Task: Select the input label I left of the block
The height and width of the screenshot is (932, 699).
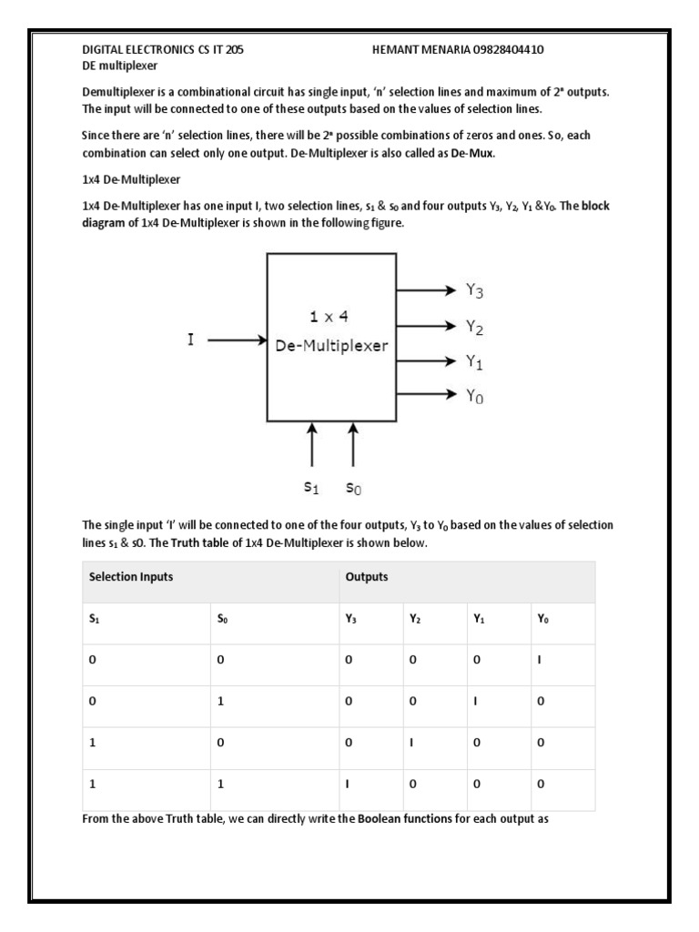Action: (x=190, y=340)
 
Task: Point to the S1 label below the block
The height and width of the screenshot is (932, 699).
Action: (x=312, y=488)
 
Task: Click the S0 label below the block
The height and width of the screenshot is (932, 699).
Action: (x=354, y=488)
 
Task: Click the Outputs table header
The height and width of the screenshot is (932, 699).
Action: (x=367, y=576)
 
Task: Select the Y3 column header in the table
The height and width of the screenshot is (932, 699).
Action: (x=351, y=619)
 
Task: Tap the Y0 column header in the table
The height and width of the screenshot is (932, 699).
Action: (x=543, y=619)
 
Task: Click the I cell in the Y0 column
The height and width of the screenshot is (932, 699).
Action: (x=539, y=660)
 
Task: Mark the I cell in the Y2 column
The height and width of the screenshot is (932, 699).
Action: (x=411, y=743)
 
